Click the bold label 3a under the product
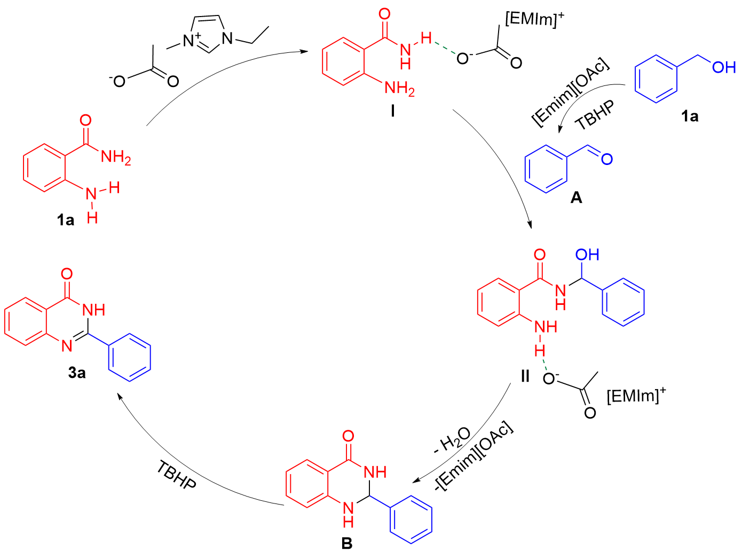77,373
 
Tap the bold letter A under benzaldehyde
576,198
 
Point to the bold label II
525,376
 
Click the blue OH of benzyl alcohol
724,68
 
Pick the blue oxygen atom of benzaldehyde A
607,159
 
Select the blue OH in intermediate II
587,254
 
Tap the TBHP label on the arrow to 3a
176,475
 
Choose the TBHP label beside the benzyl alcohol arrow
595,115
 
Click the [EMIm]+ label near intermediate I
534,19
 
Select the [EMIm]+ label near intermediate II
636,396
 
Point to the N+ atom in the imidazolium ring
191,41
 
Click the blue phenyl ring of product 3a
130,358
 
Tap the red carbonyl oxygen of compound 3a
67,274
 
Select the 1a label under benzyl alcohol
690,116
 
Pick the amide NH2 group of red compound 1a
116,157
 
